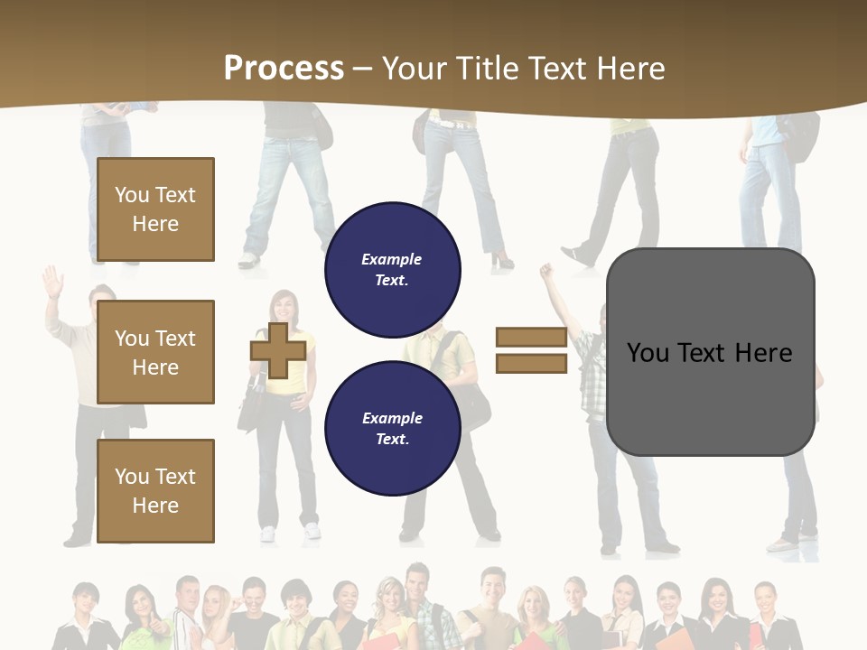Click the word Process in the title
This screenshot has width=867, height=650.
tap(284, 69)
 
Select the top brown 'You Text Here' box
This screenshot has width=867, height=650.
tap(155, 209)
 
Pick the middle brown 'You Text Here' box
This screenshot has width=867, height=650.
tap(155, 352)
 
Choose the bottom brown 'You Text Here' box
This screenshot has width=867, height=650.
tap(155, 490)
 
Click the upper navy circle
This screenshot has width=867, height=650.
tap(392, 269)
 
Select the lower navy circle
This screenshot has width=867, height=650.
tap(392, 428)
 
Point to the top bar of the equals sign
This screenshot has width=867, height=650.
tap(531, 338)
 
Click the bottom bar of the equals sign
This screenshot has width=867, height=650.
tap(531, 363)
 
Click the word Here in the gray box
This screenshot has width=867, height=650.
tap(763, 353)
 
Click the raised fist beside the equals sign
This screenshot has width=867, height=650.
tap(545, 271)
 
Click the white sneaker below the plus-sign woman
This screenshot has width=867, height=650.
tap(312, 531)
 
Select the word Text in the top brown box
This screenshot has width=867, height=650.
tap(174, 195)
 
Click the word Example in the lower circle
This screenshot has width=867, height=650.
tap(392, 418)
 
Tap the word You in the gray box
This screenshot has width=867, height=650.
tap(648, 353)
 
